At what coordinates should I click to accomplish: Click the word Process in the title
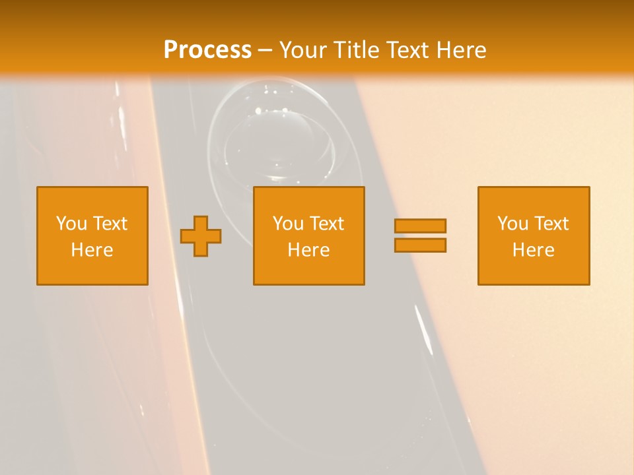(207, 50)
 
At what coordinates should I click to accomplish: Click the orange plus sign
(201, 236)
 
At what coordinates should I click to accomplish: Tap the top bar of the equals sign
(420, 226)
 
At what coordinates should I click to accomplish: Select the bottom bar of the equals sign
(420, 245)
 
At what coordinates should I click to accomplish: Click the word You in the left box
(71, 224)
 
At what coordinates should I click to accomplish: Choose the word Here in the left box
(92, 250)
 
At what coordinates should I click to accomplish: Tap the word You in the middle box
(287, 224)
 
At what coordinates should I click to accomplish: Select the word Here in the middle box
(308, 250)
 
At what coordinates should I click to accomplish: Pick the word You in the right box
(512, 224)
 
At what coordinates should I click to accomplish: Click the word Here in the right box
(533, 250)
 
